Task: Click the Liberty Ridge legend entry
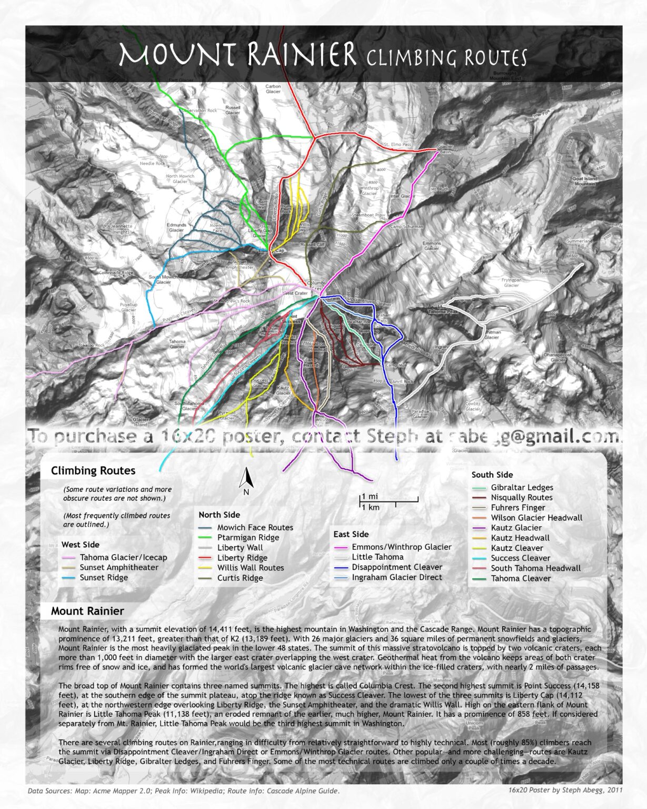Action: (242, 558)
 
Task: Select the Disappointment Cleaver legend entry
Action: (397, 567)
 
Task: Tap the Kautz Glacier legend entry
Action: (516, 528)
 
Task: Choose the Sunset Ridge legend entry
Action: (104, 578)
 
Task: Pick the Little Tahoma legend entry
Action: (377, 557)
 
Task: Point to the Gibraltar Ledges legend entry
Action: (522, 488)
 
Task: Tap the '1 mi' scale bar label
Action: (370, 497)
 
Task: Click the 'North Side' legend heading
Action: (219, 515)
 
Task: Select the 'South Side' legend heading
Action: (492, 475)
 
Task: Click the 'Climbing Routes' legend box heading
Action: (93, 471)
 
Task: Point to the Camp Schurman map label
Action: (406, 226)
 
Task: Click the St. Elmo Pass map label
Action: (397, 144)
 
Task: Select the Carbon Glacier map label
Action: (273, 88)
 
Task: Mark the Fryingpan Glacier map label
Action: (511, 283)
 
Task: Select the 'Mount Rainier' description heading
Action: (87, 611)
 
